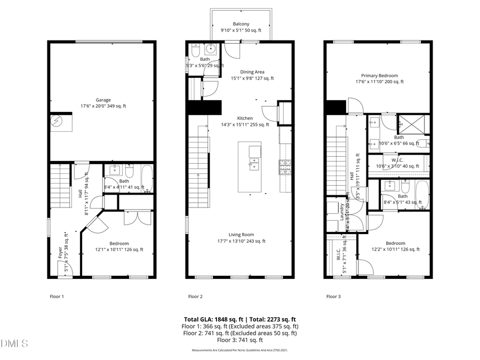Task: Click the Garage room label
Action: tap(103, 100)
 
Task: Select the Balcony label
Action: tap(241, 24)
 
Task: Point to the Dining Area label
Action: tap(252, 72)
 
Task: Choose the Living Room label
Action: tap(241, 235)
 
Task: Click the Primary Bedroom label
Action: tap(379, 76)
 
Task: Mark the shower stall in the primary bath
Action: tap(414, 124)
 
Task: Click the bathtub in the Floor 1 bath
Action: tap(146, 180)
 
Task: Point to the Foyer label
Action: tap(60, 252)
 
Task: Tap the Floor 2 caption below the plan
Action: tap(195, 297)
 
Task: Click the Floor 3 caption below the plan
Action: tap(334, 297)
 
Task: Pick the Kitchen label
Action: tap(245, 118)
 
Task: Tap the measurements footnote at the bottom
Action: tap(240, 350)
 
